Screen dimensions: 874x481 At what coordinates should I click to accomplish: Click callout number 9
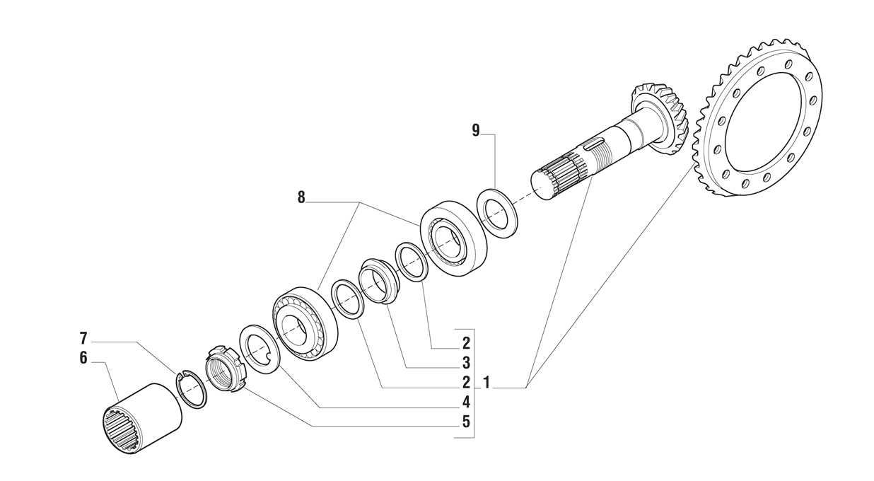[x=476, y=130]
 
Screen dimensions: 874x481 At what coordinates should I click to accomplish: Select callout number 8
[x=301, y=197]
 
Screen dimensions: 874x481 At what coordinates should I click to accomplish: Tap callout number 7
[x=83, y=338]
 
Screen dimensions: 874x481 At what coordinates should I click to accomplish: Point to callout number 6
[x=83, y=358]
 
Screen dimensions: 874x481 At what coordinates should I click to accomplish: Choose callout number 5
[x=466, y=422]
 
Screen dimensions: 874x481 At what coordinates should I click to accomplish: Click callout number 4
[x=466, y=402]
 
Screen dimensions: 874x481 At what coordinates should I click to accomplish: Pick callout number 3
[x=466, y=364]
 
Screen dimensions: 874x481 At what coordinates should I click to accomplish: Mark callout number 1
[x=486, y=383]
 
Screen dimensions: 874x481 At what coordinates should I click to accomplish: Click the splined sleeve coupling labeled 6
[x=143, y=419]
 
